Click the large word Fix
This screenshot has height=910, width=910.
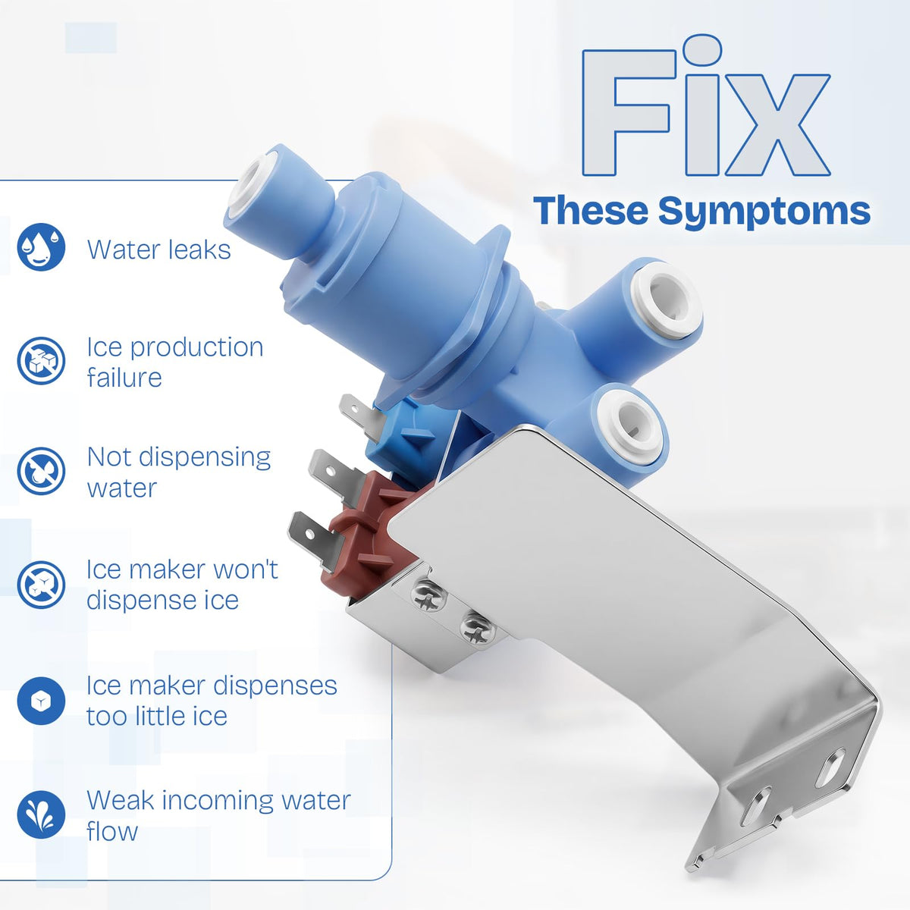[705, 107]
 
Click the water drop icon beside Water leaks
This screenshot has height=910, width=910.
[41, 247]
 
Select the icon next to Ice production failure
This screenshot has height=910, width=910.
[41, 360]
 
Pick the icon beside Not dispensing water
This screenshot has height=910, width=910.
[41, 471]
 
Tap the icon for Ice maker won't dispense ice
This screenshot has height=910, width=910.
[41, 585]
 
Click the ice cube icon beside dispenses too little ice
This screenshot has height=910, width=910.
[41, 701]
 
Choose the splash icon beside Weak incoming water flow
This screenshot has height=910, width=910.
[41, 814]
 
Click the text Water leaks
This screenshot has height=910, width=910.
[159, 249]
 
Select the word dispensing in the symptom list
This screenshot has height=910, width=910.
[205, 459]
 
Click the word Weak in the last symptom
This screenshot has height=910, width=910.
[121, 801]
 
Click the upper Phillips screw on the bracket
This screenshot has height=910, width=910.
[428, 595]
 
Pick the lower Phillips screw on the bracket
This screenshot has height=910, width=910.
[478, 628]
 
